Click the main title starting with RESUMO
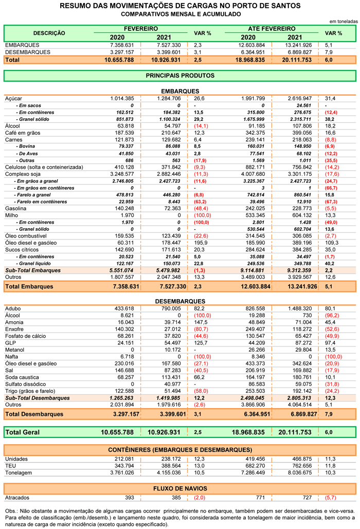180,6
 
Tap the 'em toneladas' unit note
344,21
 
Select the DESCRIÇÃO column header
49,33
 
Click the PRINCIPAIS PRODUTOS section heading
180,76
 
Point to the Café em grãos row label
23,133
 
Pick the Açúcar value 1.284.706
169,99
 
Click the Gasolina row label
15,209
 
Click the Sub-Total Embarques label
33,270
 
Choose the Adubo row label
13,308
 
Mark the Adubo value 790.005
171,308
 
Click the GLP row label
10,343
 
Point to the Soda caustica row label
22,377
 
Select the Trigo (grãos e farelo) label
30,391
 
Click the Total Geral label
22,432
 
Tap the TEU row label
10,466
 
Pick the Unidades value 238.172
171,459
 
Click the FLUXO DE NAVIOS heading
180,488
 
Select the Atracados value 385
176,498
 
